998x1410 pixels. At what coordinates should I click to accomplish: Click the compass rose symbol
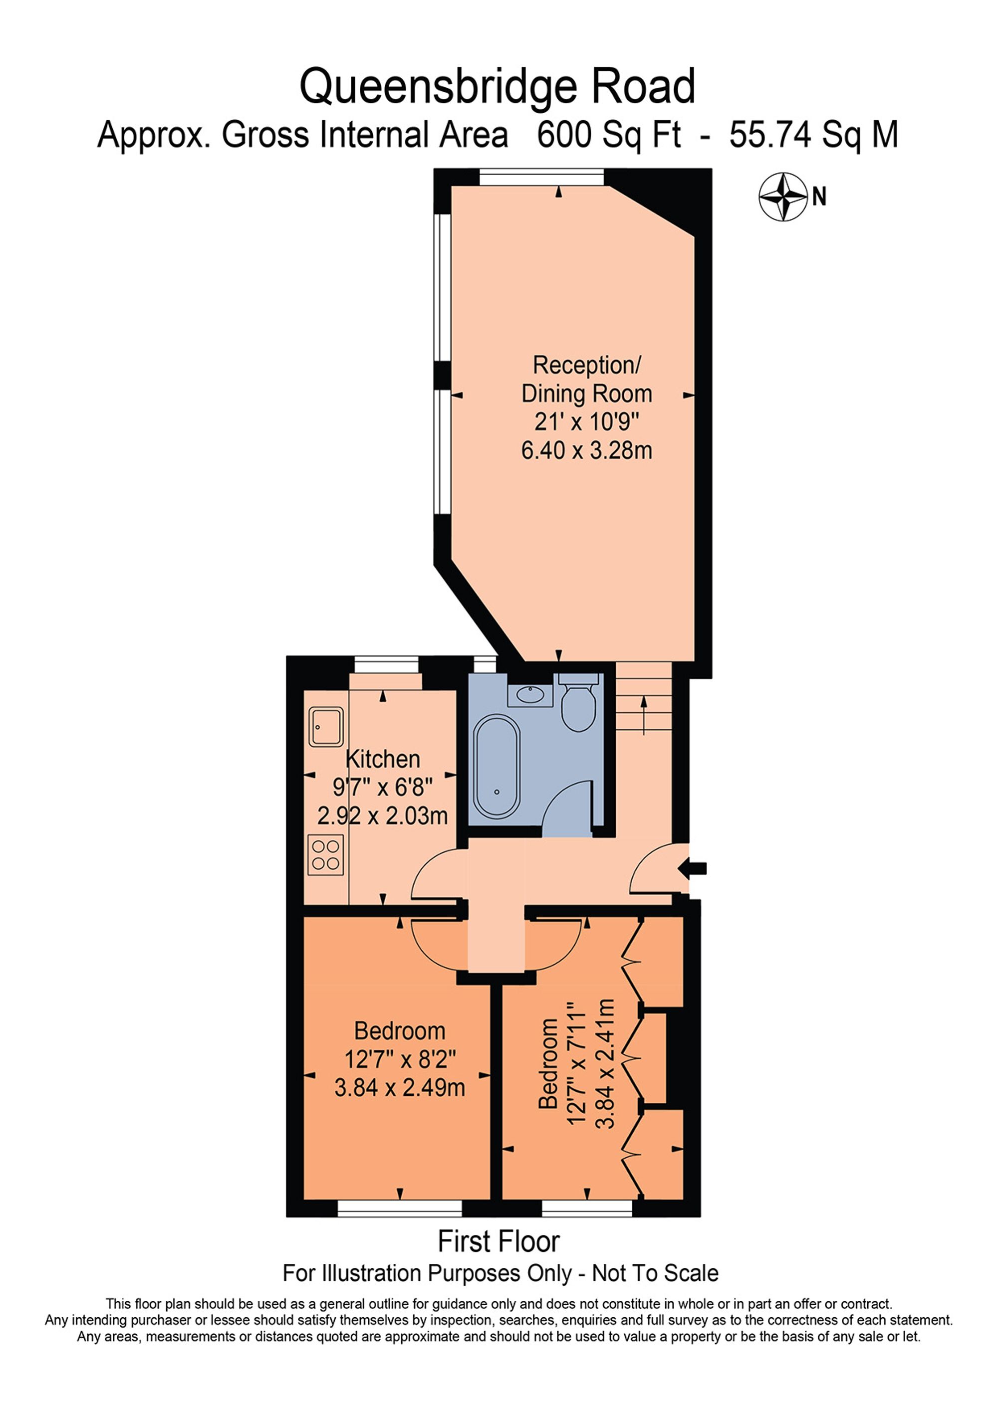782,197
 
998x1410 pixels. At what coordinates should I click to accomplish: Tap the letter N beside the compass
819,197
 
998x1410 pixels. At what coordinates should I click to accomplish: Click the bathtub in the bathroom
497,765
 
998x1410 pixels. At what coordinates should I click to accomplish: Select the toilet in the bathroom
578,706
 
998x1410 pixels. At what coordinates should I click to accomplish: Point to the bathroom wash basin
530,695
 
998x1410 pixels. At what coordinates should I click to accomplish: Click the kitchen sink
326,727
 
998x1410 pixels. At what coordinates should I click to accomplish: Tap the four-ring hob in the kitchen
326,855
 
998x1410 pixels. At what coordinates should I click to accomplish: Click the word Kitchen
383,760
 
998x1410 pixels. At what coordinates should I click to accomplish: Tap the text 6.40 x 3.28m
586,451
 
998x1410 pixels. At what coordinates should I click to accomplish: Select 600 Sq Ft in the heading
609,135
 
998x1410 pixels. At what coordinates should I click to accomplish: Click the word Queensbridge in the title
438,87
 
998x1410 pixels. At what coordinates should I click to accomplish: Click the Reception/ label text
586,366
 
